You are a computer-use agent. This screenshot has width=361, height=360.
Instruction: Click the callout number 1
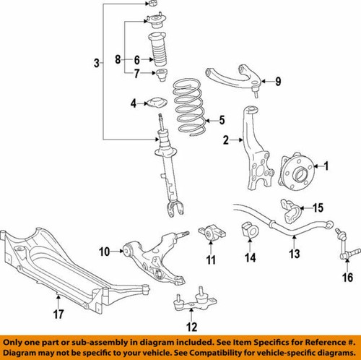coord(325,167)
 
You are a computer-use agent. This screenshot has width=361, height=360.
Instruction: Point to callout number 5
coord(222,120)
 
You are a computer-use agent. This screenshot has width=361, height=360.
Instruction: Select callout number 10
coord(104,252)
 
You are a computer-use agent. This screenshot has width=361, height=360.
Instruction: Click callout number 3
coord(97,64)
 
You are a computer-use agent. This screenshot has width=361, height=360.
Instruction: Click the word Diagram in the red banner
coord(21,350)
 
